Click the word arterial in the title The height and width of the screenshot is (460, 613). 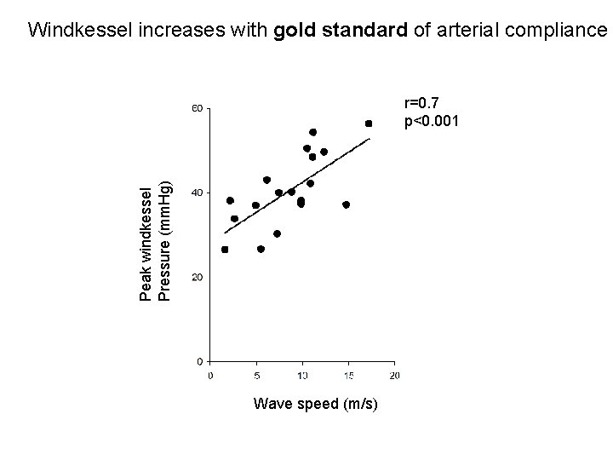[467, 31]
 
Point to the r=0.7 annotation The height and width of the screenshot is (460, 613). [423, 104]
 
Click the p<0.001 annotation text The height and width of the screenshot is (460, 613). [432, 121]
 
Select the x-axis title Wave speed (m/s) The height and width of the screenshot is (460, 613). [316, 402]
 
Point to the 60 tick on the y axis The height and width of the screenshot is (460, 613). [196, 109]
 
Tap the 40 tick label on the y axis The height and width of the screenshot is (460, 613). [196, 193]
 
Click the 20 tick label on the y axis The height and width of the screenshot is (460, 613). [196, 278]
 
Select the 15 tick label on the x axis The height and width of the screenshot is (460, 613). [348, 374]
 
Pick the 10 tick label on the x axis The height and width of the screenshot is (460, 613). [302, 374]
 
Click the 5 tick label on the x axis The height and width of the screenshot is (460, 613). [257, 374]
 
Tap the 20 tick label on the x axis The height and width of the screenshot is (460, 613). [394, 374]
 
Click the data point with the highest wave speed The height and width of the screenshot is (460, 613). [369, 124]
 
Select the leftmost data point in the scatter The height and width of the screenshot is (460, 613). [225, 250]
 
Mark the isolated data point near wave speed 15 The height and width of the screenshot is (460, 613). [346, 204]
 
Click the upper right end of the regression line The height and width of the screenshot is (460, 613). [370, 139]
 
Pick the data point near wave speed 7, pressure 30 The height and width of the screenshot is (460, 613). [277, 233]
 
